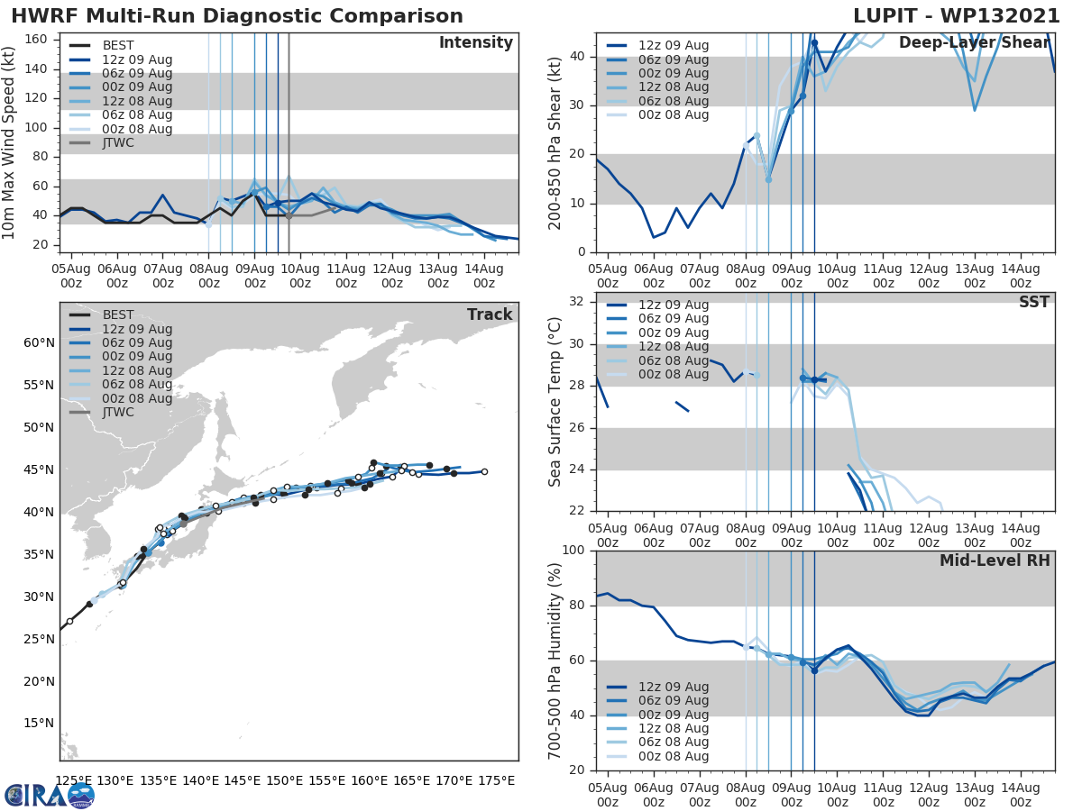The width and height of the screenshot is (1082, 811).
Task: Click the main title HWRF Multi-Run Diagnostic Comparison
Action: (x=237, y=16)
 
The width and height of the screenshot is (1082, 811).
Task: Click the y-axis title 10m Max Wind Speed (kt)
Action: (x=10, y=142)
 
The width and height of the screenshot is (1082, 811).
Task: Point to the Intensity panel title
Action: (x=475, y=43)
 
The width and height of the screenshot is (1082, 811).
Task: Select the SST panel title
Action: (x=1033, y=302)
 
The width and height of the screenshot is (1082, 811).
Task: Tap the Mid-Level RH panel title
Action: (x=995, y=560)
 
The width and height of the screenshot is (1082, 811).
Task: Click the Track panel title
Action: (x=490, y=314)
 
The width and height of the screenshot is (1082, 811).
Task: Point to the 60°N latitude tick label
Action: (x=39, y=342)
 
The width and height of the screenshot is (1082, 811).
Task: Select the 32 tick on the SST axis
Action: (x=576, y=301)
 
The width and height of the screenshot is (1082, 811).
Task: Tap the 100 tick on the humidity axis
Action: (x=573, y=551)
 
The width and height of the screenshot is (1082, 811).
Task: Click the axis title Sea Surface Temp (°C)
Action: (x=555, y=402)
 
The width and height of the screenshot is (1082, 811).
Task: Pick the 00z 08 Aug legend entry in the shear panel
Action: (x=674, y=115)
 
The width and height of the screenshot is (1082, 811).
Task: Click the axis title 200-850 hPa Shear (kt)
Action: (x=555, y=142)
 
